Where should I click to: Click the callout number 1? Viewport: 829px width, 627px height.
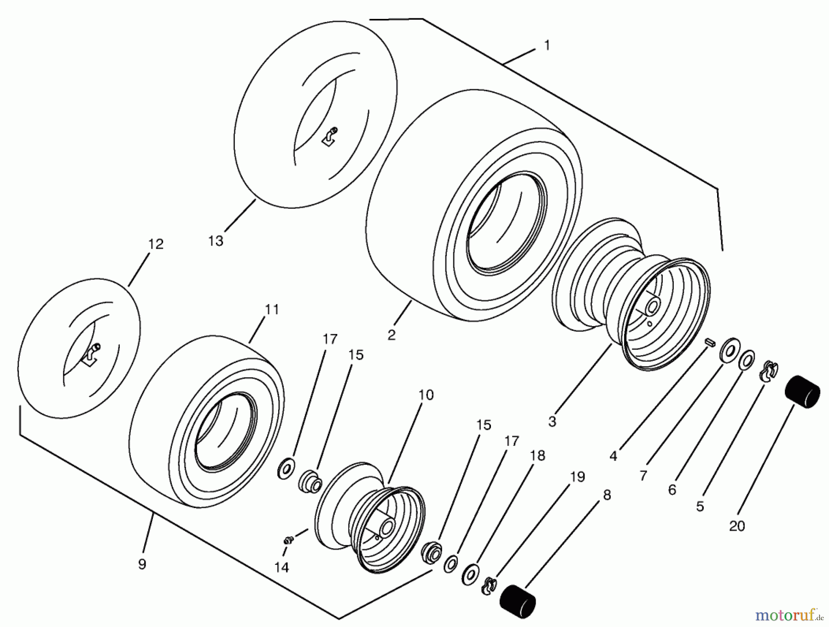point(547,46)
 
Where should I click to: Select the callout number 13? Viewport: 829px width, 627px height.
point(216,241)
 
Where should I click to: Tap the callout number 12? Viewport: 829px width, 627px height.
point(156,244)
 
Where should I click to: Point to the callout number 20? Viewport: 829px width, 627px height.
point(737,526)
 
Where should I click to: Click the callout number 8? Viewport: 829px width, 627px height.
point(607,495)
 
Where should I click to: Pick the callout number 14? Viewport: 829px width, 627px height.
point(281,568)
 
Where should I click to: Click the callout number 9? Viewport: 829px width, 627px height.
point(142,564)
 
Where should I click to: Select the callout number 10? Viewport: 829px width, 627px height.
point(426,395)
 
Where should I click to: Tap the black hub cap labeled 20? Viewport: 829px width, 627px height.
point(802,392)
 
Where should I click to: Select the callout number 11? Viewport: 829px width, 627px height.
point(272,310)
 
